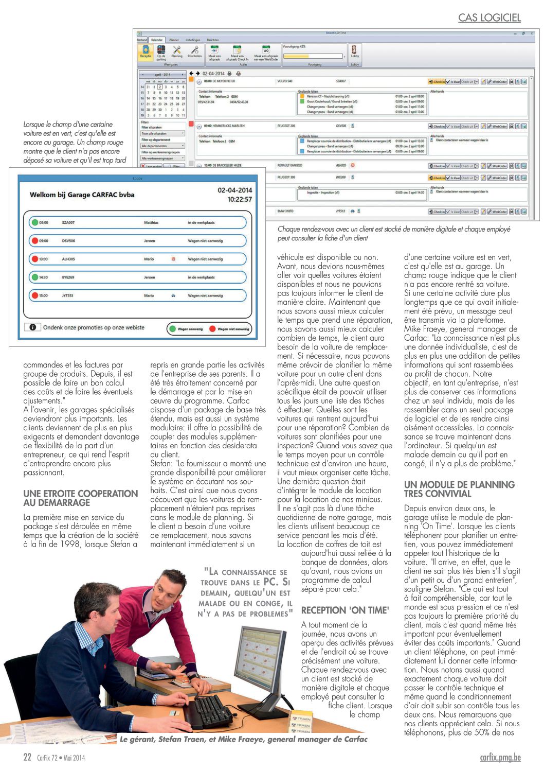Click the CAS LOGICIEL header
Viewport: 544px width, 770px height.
pyautogui.click(x=489, y=18)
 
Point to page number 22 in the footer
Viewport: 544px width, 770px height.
pyautogui.click(x=27, y=757)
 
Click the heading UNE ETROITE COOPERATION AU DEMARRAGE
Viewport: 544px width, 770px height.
pyautogui.click(x=80, y=498)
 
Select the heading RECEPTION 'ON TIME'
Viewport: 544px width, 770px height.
pyautogui.click(x=345, y=610)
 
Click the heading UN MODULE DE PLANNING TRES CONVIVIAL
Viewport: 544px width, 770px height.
pyautogui.click(x=459, y=489)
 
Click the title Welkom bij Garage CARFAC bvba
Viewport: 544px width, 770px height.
pyautogui.click(x=82, y=195)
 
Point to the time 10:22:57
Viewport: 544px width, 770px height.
pyautogui.click(x=240, y=199)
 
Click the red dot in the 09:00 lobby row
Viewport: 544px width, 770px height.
pyautogui.click(x=35, y=240)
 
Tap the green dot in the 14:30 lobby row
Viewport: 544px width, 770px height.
pyautogui.click(x=35, y=277)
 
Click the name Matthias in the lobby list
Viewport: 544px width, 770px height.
pyautogui.click(x=151, y=222)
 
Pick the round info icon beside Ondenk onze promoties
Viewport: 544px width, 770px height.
pyautogui.click(x=32, y=327)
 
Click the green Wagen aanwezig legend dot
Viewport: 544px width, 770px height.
pyautogui.click(x=171, y=329)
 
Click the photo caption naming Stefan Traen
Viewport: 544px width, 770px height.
pyautogui.click(x=243, y=739)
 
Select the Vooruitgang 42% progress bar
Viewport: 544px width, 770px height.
pyautogui.click(x=313, y=56)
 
